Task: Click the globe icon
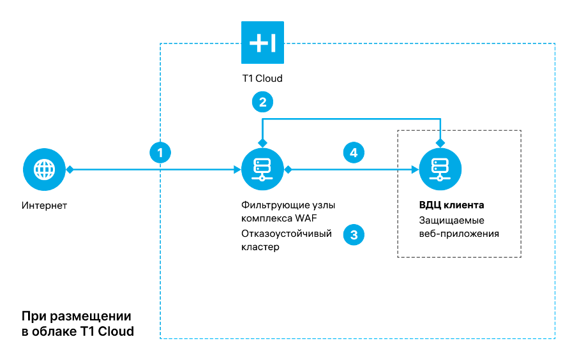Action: pyautogui.click(x=44, y=169)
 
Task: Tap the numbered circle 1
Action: pyautogui.click(x=160, y=153)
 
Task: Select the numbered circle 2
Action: pyautogui.click(x=262, y=101)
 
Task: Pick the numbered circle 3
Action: pyautogui.click(x=354, y=234)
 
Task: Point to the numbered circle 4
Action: pyautogui.click(x=354, y=153)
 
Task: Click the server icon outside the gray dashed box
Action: pyautogui.click(x=262, y=169)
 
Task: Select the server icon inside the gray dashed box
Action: pyautogui.click(x=440, y=169)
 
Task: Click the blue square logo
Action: pyautogui.click(x=262, y=43)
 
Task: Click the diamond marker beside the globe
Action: pyautogui.click(x=70, y=169)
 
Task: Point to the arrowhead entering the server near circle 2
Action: pyautogui.click(x=237, y=169)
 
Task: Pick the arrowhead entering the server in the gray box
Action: pyautogui.click(x=414, y=169)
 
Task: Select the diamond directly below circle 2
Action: pyautogui.click(x=262, y=142)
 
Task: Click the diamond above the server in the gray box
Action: pyautogui.click(x=440, y=142)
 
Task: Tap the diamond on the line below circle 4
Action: pyautogui.click(x=288, y=169)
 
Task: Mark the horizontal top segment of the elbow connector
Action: pyautogui.click(x=351, y=119)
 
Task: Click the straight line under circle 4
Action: pyautogui.click(x=351, y=169)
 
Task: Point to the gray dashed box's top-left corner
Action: pyautogui.click(x=398, y=130)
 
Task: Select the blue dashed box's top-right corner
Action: pyautogui.click(x=555, y=43)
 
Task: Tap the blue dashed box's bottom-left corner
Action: pyautogui.click(x=160, y=338)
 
